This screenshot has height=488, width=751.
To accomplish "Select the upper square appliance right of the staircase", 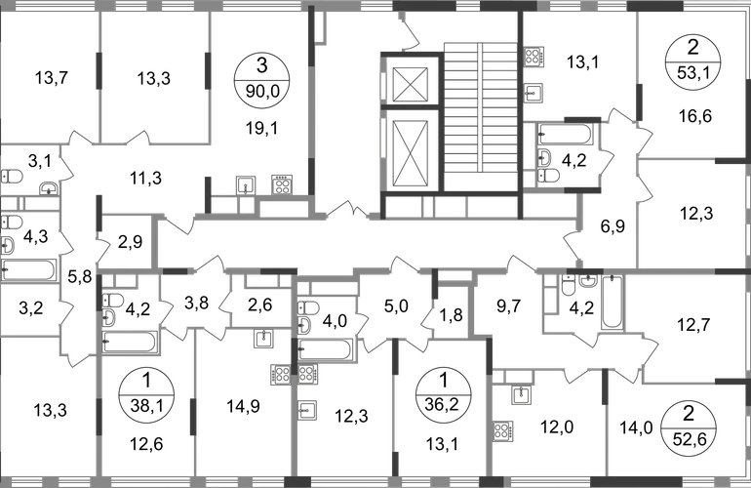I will click(534, 59).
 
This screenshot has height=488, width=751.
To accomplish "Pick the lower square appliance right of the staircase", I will click(533, 93).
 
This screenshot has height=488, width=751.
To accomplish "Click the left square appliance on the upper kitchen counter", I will click(248, 183).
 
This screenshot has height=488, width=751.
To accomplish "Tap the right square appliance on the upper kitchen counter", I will click(283, 183).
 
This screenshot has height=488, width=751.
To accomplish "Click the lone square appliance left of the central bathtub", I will click(261, 340).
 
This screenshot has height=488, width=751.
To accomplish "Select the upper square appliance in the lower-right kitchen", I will click(523, 395).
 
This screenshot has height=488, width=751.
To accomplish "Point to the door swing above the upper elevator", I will click(410, 34).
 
